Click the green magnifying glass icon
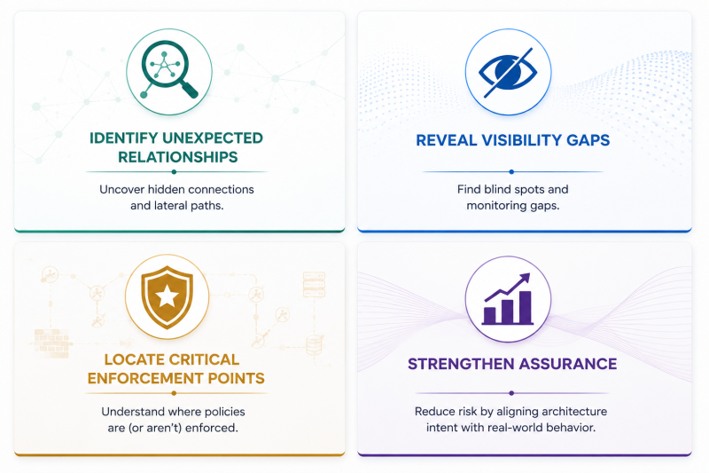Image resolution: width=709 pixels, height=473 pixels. [168, 69]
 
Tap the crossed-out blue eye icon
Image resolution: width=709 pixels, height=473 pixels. [508, 72]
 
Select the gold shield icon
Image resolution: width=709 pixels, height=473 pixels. [167, 296]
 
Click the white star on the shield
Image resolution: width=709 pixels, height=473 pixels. [167, 296]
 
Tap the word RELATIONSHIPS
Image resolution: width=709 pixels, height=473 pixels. [178, 157]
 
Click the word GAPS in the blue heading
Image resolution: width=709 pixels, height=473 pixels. [588, 140]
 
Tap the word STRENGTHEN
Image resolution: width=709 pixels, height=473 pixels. [461, 364]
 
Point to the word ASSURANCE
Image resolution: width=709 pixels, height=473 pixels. [568, 364]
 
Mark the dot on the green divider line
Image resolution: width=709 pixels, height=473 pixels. [174, 172]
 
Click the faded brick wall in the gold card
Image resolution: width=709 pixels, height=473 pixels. [51, 343]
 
